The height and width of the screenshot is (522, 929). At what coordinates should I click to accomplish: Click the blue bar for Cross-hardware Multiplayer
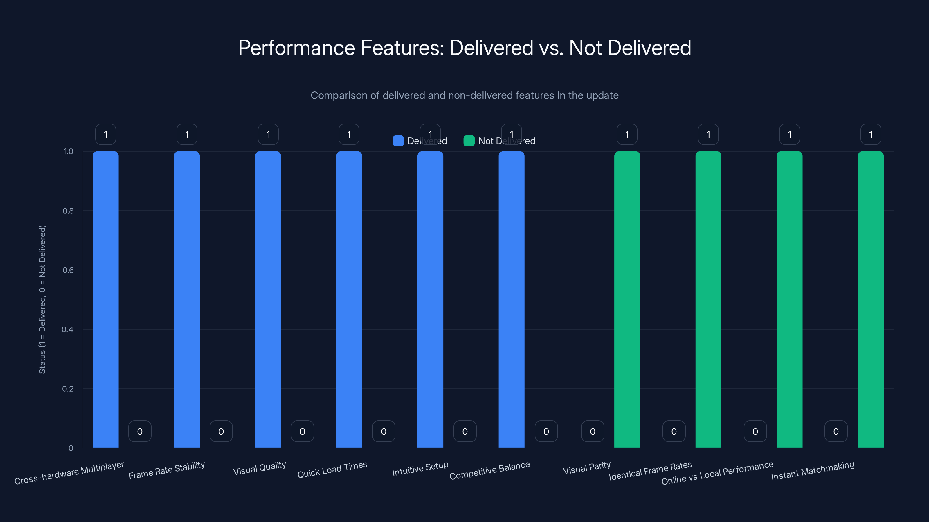[x=105, y=299]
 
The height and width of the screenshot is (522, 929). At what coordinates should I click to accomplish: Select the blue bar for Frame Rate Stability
[x=186, y=299]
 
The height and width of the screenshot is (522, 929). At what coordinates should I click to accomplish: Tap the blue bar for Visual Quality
[x=268, y=299]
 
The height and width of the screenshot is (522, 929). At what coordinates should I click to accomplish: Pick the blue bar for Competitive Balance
[x=511, y=299]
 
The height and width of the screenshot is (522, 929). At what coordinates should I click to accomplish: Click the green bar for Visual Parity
[x=627, y=299]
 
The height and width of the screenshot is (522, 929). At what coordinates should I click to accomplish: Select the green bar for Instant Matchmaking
[x=870, y=299]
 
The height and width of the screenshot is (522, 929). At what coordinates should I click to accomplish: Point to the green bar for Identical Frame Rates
[x=708, y=299]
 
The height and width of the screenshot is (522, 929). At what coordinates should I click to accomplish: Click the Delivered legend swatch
[x=398, y=141]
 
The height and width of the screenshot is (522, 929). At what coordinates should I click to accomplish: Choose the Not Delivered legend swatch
[x=469, y=141]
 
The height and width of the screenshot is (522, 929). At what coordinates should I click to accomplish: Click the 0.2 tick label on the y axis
[x=68, y=389]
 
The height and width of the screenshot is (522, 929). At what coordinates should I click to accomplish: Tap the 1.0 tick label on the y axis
[x=68, y=152]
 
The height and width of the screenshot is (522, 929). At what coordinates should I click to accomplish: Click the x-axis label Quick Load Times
[x=332, y=470]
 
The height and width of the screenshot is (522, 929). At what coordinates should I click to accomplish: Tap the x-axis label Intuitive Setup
[x=420, y=469]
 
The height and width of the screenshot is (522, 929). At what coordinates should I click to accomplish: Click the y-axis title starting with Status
[x=42, y=299]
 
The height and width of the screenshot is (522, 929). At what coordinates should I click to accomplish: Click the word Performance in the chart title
[x=296, y=48]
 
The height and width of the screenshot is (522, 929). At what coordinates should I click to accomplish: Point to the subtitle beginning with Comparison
[x=464, y=95]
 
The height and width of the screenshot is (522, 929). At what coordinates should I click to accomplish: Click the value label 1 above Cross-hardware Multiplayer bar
[x=105, y=134]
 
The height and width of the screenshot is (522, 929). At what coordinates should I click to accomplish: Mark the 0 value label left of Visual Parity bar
[x=592, y=431]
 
